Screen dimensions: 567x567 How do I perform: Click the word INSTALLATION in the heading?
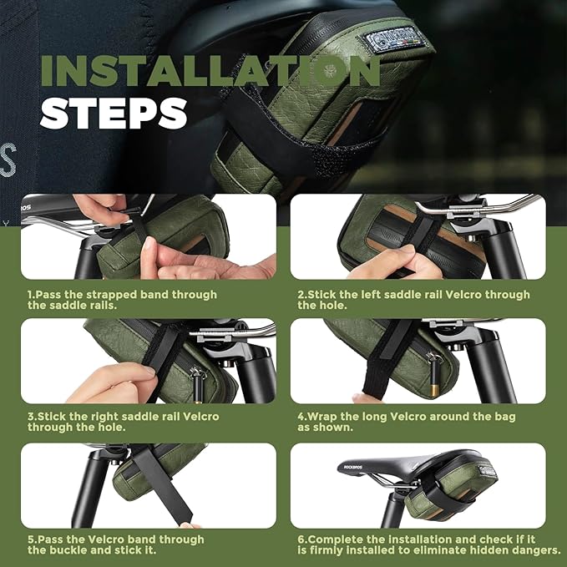[209, 72]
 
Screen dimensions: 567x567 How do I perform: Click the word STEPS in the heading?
[114, 113]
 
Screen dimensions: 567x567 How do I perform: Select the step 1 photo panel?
[149, 237]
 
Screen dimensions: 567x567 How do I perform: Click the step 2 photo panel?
[418, 237]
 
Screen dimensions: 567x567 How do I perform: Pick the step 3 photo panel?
[149, 361]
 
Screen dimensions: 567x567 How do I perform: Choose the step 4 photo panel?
[418, 361]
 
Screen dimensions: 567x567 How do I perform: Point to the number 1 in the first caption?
[31, 295]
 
